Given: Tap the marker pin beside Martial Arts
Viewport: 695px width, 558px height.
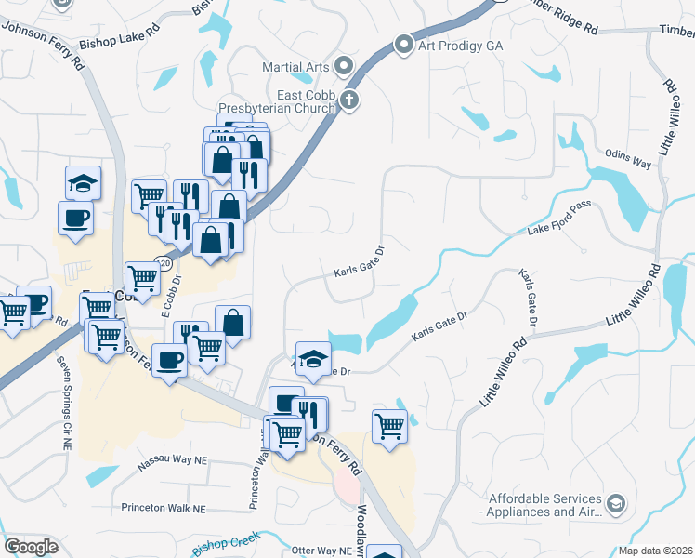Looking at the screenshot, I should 345,65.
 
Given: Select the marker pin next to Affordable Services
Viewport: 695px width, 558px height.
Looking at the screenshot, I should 614,504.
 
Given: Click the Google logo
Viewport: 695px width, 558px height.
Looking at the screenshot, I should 31,548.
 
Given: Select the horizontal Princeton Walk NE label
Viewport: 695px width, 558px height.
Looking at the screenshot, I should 163,509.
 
